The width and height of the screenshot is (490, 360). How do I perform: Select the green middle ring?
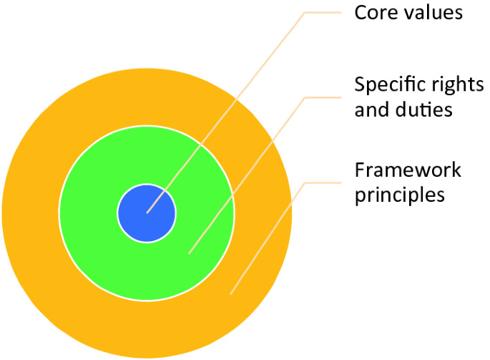point(93,215)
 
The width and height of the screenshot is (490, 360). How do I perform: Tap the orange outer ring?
point(36,215)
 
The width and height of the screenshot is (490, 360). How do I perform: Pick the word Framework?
point(408,170)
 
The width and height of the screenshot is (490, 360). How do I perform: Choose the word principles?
point(400,195)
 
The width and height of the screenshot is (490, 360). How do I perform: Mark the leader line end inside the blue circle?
point(147,213)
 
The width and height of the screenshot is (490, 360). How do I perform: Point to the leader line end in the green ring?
point(189,253)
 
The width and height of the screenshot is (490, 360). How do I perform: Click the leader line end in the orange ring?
point(230,293)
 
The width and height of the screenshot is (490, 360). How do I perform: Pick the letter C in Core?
point(361,12)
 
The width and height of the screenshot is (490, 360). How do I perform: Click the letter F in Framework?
point(359,170)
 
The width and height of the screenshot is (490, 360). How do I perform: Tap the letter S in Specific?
point(360,86)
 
